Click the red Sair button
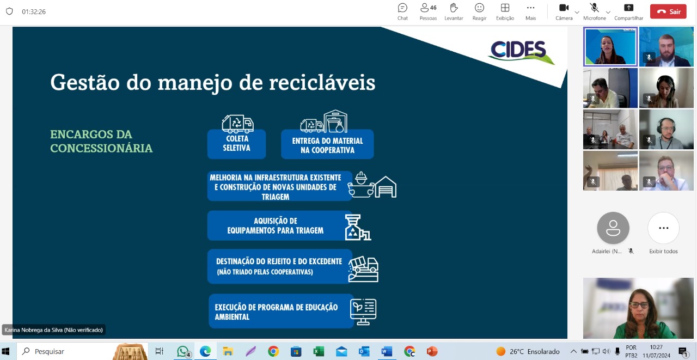pyautogui.click(x=668, y=11)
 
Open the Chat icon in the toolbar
pyautogui.click(x=402, y=8)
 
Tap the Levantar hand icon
pyautogui.click(x=454, y=8)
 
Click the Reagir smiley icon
pyautogui.click(x=479, y=8)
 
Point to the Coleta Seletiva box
pyautogui.click(x=236, y=144)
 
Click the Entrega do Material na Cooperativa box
pyautogui.click(x=327, y=144)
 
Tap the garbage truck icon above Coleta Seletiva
pyautogui.click(x=238, y=124)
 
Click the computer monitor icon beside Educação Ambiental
pyautogui.click(x=363, y=312)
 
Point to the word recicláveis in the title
pyautogui.click(x=322, y=83)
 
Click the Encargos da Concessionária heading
pyautogui.click(x=101, y=141)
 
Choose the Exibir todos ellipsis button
pyautogui.click(x=663, y=228)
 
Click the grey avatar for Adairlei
pyautogui.click(x=613, y=228)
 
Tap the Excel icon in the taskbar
pyautogui.click(x=319, y=352)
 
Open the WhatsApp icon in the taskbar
pyautogui.click(x=183, y=352)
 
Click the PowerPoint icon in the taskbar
pyautogui.click(x=432, y=352)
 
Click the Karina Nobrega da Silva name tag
pyautogui.click(x=53, y=330)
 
